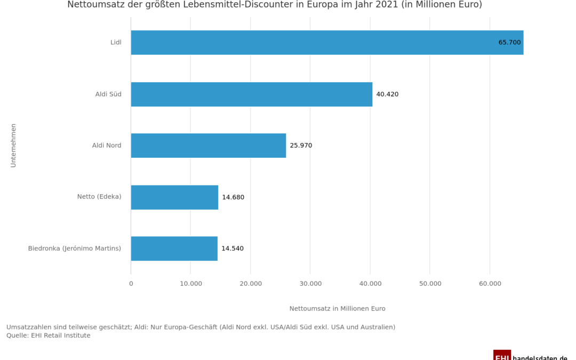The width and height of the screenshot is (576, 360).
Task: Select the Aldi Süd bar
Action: click(251, 94)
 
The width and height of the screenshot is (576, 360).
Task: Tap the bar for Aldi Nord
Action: click(208, 146)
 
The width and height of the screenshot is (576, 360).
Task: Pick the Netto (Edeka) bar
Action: click(174, 197)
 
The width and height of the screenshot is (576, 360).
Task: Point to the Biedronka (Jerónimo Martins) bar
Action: click(174, 249)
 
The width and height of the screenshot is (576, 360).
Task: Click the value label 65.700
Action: click(509, 43)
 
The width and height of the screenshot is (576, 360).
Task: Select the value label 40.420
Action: click(387, 94)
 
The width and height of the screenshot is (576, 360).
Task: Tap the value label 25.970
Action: click(301, 146)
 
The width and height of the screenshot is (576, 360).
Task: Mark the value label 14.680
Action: click(233, 197)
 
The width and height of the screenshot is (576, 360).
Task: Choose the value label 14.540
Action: click(233, 249)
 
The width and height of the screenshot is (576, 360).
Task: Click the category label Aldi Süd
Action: click(108, 94)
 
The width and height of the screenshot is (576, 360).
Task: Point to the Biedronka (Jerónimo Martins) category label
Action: click(75, 249)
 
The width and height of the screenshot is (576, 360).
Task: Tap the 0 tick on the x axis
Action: click(131, 284)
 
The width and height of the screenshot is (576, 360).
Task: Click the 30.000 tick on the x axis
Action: click(310, 284)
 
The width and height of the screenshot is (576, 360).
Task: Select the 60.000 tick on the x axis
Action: click(490, 284)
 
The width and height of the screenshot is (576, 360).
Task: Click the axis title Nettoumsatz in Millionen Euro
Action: click(337, 309)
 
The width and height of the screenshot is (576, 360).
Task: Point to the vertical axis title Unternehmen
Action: click(13, 145)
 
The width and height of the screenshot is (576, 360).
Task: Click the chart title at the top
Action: click(274, 5)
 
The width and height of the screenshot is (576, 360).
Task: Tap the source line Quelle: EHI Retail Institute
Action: click(49, 335)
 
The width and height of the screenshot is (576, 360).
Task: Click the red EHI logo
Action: click(502, 355)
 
